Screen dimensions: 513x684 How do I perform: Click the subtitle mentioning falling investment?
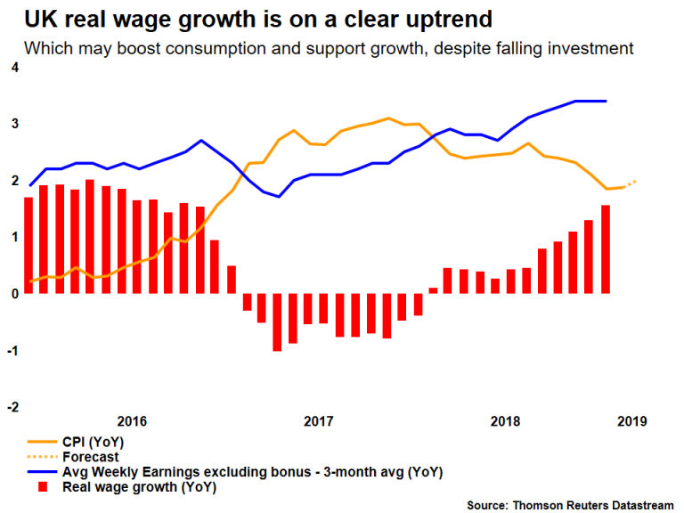point(329,48)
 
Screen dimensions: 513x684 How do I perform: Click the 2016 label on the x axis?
point(132,421)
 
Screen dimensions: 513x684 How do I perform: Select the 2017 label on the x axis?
point(318,421)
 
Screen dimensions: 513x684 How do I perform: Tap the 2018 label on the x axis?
point(505,421)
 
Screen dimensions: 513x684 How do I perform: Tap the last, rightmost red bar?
point(606,248)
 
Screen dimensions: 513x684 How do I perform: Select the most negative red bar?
point(277,322)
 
